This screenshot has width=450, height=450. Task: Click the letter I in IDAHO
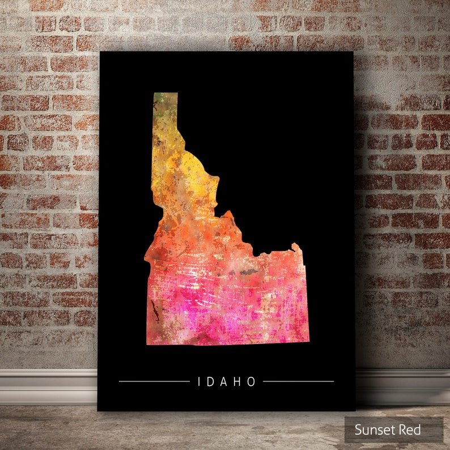pyautogui.click(x=199, y=382)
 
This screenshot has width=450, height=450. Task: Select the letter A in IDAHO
pyautogui.click(x=225, y=382)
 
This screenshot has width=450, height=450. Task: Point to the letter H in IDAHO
pyautogui.click(x=239, y=382)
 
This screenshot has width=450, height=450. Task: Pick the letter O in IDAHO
pyautogui.click(x=252, y=382)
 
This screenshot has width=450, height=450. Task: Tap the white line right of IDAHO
pyautogui.click(x=298, y=381)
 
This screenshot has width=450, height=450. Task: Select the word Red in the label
pyautogui.click(x=409, y=430)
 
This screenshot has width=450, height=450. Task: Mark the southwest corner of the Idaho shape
pyautogui.click(x=148, y=343)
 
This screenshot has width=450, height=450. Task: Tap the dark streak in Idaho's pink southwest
pyautogui.click(x=154, y=311)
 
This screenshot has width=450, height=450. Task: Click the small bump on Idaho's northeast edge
pyautogui.click(x=295, y=247)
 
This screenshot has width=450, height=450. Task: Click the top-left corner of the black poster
pyautogui.click(x=100, y=52)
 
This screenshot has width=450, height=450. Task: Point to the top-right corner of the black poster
pyautogui.click(x=352, y=53)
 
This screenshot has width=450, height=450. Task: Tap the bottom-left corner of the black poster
pyautogui.click(x=98, y=410)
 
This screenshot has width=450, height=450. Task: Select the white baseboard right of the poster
pyautogui.click(x=402, y=387)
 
